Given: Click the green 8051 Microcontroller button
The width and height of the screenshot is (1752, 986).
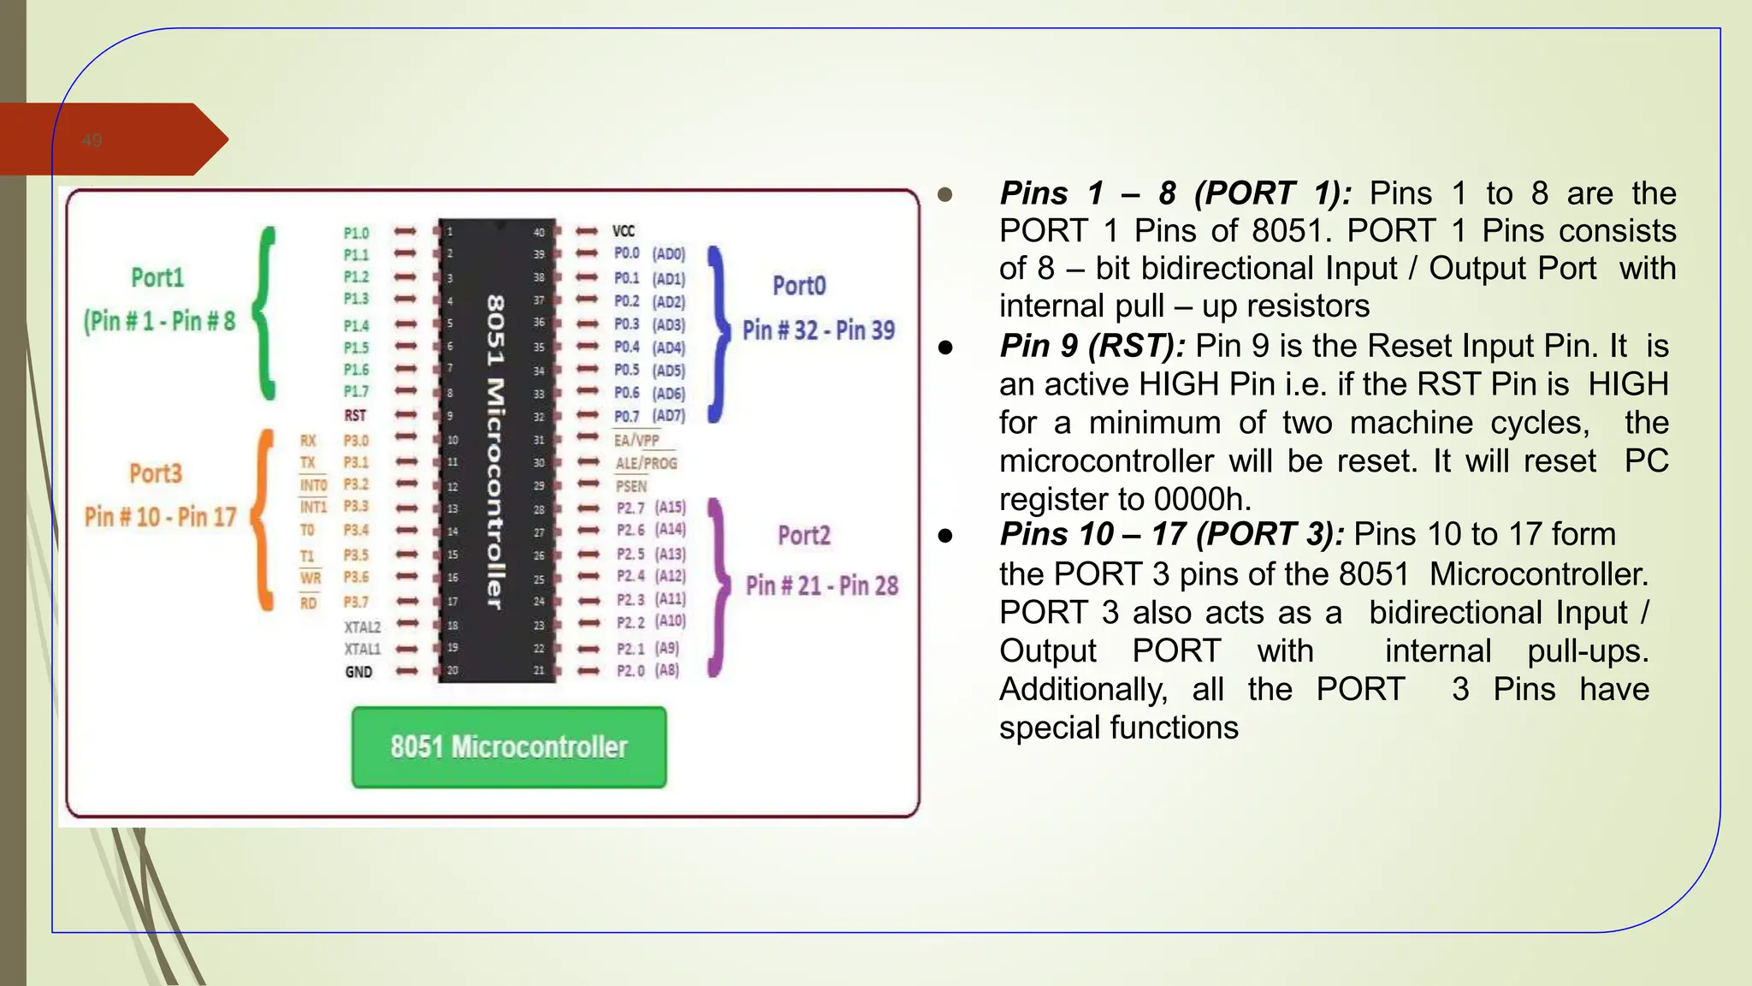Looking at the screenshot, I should (x=509, y=746).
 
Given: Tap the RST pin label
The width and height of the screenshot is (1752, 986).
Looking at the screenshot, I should (x=355, y=415).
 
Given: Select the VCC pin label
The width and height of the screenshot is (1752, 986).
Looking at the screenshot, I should (x=624, y=231).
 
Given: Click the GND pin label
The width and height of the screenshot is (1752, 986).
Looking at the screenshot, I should (x=358, y=672).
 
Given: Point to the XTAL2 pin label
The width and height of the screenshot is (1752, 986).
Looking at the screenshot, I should (x=362, y=627).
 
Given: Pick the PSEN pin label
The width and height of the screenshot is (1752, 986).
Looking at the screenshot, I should (x=631, y=486).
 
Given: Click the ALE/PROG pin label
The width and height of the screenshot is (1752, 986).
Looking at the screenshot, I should (x=646, y=463).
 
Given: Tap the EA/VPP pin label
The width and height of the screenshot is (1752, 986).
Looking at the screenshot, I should (x=636, y=440).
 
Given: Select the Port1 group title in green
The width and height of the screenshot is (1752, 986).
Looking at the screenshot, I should (x=157, y=277).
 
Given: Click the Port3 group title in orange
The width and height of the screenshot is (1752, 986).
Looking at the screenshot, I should (x=156, y=473).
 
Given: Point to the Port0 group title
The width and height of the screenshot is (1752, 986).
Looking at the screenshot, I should (x=799, y=286).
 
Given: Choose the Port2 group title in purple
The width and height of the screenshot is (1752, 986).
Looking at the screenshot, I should (x=804, y=536).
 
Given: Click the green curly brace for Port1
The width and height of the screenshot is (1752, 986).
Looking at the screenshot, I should (x=267, y=313).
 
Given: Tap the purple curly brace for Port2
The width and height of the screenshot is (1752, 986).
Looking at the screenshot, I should (x=719, y=588).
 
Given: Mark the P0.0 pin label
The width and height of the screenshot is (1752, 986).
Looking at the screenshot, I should (x=627, y=253).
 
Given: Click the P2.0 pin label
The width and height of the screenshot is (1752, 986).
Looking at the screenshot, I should (x=630, y=670).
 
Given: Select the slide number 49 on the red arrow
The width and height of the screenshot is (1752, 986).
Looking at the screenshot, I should (x=92, y=140).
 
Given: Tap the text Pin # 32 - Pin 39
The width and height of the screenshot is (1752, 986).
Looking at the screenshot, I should (x=819, y=330).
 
